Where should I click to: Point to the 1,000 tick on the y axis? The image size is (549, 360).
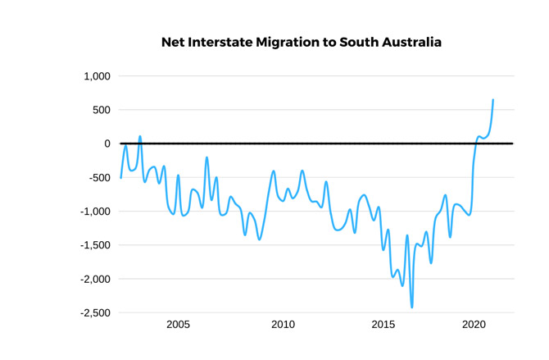point(97,76)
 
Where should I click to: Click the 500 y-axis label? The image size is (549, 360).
point(100,110)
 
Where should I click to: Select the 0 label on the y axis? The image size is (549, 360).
point(107,144)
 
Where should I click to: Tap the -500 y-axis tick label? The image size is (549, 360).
point(98,177)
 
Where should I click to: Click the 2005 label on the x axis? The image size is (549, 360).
point(178,325)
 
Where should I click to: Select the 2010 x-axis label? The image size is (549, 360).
point(283,325)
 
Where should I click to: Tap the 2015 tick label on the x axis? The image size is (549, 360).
point(383,325)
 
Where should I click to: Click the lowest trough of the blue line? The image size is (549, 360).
point(412,308)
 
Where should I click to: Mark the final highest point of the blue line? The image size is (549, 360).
point(493,100)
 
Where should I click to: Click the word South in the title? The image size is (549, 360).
point(357,42)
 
